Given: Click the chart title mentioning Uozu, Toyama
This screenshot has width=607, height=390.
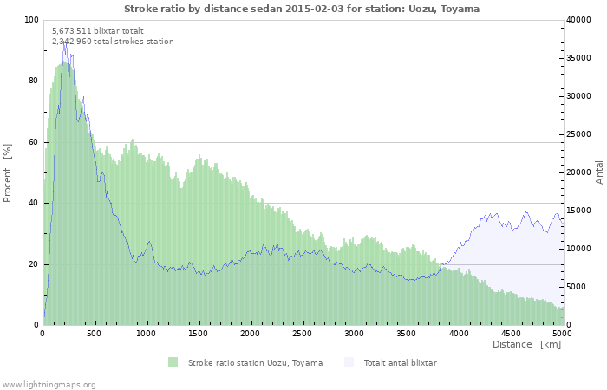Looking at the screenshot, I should (x=301, y=9).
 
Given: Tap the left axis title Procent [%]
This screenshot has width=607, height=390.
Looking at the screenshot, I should (x=8, y=172).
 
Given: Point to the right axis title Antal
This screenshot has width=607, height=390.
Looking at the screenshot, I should (x=599, y=172).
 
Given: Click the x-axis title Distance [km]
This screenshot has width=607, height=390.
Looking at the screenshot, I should (x=525, y=344).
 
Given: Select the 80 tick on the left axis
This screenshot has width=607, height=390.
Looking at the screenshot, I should (x=34, y=81).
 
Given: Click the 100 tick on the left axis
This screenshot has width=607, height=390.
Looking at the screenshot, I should (x=31, y=20).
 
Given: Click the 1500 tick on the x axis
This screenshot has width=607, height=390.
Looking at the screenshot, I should (x=199, y=333).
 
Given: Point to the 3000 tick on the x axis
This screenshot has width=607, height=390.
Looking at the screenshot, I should (x=354, y=333).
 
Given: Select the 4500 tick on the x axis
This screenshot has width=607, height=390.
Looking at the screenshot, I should (x=510, y=333).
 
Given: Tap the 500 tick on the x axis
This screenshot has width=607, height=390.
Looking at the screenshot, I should (x=95, y=333).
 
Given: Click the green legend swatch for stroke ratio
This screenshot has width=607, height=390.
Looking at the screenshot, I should (x=173, y=362).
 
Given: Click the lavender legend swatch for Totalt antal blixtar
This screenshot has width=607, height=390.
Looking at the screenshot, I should (x=349, y=362).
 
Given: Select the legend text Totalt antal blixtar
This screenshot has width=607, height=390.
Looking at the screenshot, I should (x=400, y=363).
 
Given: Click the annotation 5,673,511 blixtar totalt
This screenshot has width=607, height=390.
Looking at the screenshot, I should (x=92, y=30).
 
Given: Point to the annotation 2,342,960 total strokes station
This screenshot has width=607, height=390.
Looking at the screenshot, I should (x=113, y=42).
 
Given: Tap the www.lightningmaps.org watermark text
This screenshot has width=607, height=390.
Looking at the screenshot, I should (x=49, y=384).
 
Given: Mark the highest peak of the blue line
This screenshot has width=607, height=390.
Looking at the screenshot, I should (x=64, y=43).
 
